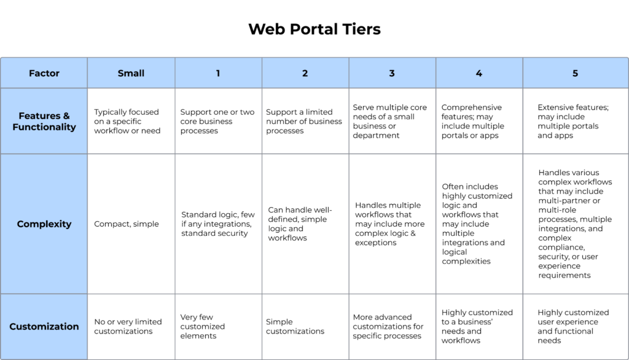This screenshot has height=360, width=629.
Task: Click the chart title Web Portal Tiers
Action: point(314,29)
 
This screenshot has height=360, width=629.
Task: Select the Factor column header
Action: point(44,73)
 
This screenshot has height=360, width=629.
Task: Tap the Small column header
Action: point(131,73)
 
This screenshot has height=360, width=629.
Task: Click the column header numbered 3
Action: point(392,73)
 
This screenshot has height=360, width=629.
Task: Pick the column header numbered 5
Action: point(575,73)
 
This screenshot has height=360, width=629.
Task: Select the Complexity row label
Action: point(44,224)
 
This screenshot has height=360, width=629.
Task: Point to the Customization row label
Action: point(44,326)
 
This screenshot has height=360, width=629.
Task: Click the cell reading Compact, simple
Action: point(127,224)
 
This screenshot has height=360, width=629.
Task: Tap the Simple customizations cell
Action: point(295,326)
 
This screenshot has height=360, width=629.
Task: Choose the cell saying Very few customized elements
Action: point(203,326)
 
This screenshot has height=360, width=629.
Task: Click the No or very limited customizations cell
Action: point(128,326)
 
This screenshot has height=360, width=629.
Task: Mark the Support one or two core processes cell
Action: point(217,121)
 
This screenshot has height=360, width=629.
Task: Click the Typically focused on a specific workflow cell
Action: point(127,121)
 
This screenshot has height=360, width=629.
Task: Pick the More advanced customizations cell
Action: point(388,326)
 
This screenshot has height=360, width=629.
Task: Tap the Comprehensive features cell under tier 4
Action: point(472,121)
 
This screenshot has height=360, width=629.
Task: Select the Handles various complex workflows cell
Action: point(575,224)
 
